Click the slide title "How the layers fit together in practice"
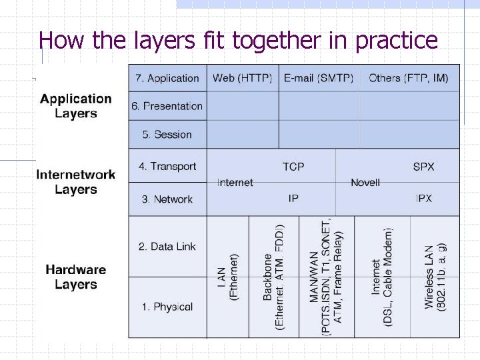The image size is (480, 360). tap(238, 41)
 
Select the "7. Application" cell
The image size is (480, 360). tap(167, 78)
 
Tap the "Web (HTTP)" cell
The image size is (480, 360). tap(243, 78)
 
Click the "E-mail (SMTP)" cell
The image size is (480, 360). tap(319, 78)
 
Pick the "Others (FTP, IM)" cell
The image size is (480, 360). tap(409, 78)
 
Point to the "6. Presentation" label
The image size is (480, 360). tap(167, 106)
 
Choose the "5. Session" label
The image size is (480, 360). tap(167, 134)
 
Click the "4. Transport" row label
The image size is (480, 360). tap(167, 166)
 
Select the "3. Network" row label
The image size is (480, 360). tap(167, 199)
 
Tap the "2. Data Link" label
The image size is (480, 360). tap(167, 246)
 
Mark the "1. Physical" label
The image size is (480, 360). tap(167, 307)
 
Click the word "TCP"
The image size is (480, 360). tap(293, 166)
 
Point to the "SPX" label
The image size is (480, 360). tap(423, 166)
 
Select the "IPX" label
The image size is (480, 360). tap(423, 199)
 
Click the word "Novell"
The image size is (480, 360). tap(365, 183)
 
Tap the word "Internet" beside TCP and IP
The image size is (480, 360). tap(235, 183)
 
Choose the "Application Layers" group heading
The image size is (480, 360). tap(76, 106)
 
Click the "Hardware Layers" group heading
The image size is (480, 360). tap(76, 277)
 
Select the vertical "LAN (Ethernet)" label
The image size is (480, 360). tap(228, 277)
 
